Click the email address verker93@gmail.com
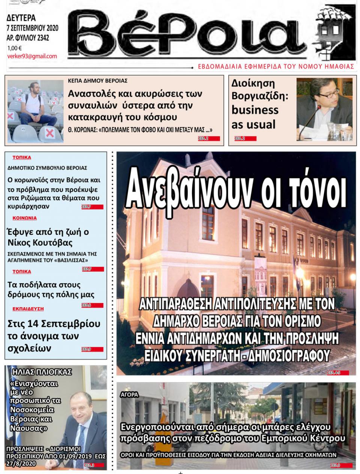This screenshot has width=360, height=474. [x=32, y=56]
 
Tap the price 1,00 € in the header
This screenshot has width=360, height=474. [x=14, y=48]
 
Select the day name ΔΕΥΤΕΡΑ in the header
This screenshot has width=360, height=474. [x=21, y=18]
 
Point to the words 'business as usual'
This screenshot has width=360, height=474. [x=255, y=117]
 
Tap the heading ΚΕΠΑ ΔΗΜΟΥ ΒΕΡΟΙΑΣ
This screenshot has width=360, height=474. [x=97, y=81]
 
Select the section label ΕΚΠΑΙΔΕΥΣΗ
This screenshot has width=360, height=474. [x=28, y=308]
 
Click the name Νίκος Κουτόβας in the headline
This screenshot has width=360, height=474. [x=40, y=242]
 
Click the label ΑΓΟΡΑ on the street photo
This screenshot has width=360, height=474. [x=129, y=395]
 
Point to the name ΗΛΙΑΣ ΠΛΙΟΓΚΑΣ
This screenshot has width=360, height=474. [x=42, y=372]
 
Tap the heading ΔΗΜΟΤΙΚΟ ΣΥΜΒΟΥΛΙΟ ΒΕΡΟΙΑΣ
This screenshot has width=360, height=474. [x=47, y=167]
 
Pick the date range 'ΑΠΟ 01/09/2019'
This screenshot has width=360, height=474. [x=71, y=456]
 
